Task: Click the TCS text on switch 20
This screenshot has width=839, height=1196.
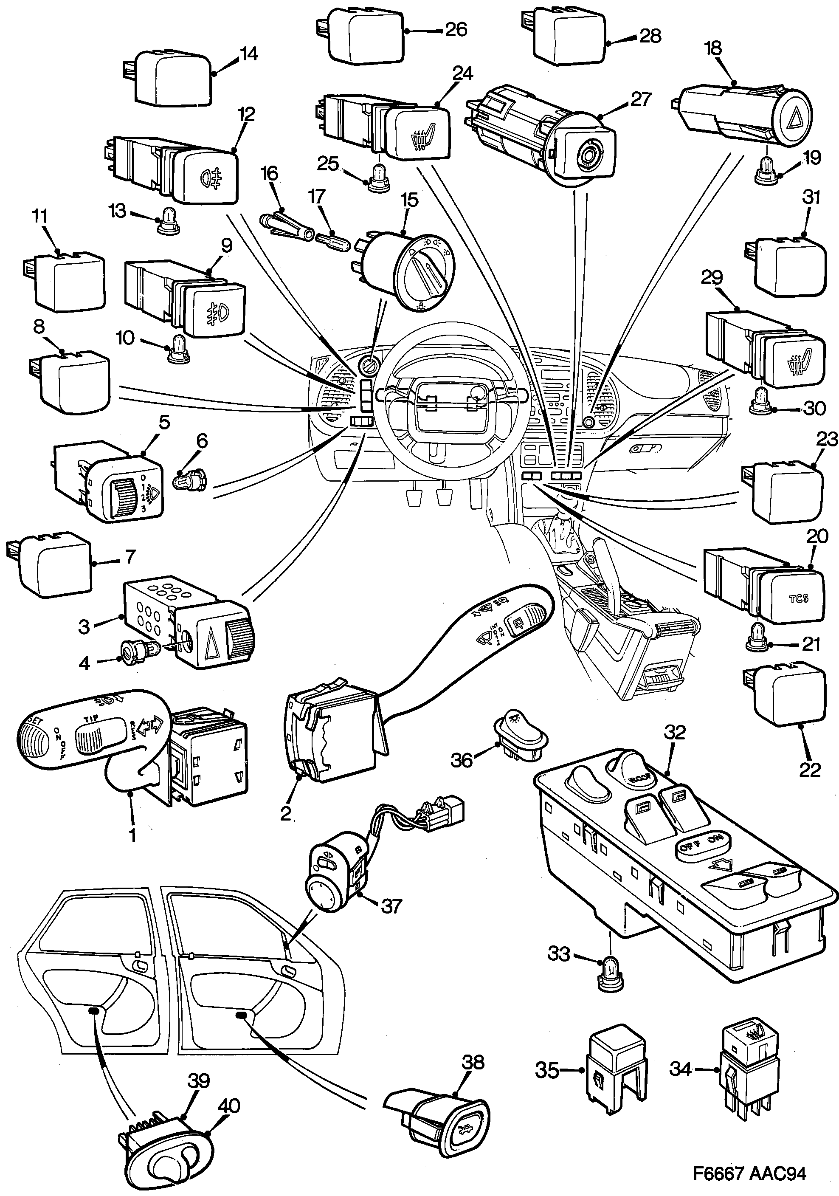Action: point(798,598)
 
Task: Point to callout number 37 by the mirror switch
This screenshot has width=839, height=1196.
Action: point(391,906)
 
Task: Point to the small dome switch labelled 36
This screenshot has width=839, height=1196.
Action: point(521,735)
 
